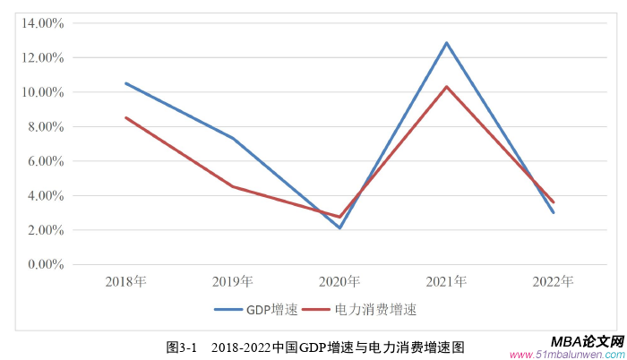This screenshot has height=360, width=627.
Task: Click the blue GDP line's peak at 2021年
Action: pyautogui.click(x=446, y=43)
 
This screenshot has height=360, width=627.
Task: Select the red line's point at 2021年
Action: pyautogui.click(x=446, y=87)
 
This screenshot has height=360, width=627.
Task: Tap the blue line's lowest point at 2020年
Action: pyautogui.click(x=339, y=227)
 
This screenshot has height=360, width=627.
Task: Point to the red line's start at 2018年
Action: pyautogui.click(x=126, y=117)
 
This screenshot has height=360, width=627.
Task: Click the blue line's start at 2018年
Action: pyautogui.click(x=126, y=83)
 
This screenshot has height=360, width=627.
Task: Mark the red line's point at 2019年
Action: pyautogui.click(x=233, y=186)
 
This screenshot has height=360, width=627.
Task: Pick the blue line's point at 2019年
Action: pyautogui.click(x=233, y=138)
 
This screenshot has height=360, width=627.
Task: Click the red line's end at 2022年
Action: pyautogui.click(x=553, y=201)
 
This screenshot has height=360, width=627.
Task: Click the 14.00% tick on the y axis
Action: pyautogui.click(x=42, y=23)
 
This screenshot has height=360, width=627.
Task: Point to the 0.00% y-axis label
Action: pyautogui.click(x=45, y=264)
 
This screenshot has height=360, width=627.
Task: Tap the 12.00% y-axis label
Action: pyautogui.click(x=42, y=57)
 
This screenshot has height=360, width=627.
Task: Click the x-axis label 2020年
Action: pyautogui.click(x=339, y=281)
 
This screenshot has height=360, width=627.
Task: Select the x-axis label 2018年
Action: pyautogui.click(x=126, y=281)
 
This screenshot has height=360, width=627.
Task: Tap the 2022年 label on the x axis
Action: pyautogui.click(x=553, y=281)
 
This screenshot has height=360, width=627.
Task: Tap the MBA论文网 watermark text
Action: pyautogui.click(x=587, y=342)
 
